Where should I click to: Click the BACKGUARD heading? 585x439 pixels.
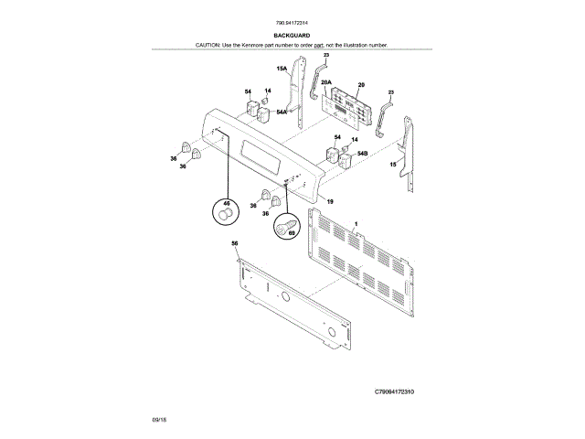click(292, 35)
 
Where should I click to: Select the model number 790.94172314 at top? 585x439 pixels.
click(292, 24)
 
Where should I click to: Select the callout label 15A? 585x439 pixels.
click(282, 69)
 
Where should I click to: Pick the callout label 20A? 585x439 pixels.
click(325, 83)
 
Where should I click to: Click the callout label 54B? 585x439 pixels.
click(363, 154)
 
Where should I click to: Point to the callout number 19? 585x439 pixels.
click(329, 201)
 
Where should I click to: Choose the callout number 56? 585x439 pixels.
click(234, 243)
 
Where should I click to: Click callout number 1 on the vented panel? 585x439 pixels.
click(356, 223)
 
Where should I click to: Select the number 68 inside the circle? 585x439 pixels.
click(292, 232)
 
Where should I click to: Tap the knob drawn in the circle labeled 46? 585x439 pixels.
click(225, 215)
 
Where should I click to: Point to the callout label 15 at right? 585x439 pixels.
click(393, 165)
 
